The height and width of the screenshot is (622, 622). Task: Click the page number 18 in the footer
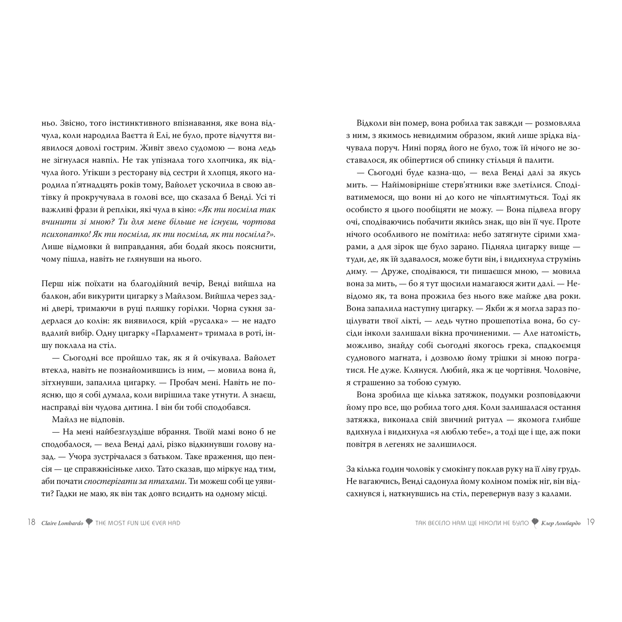tap(31, 522)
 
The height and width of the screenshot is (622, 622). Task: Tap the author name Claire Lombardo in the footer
tap(62, 523)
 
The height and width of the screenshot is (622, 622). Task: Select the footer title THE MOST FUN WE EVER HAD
tap(138, 523)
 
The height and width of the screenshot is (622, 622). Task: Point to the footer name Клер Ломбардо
tap(561, 523)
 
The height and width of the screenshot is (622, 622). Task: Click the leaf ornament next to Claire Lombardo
tap(89, 522)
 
